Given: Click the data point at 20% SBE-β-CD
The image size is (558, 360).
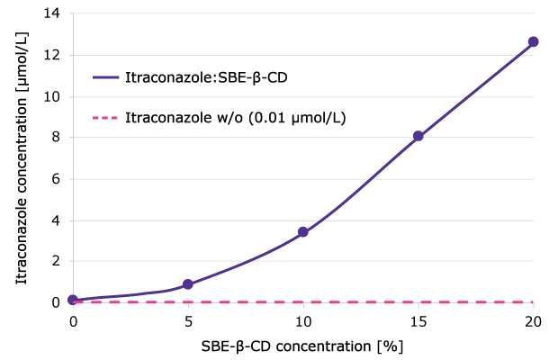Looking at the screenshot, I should (533, 42).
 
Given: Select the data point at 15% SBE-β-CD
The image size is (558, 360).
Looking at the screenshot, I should (418, 136).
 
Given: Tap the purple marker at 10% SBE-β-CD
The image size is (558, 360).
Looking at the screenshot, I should (303, 232).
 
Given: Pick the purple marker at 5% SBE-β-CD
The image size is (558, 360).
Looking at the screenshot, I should (188, 284).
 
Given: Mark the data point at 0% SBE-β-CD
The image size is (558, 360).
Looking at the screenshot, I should (73, 300).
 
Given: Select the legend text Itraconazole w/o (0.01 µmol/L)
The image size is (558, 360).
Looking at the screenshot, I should (236, 118).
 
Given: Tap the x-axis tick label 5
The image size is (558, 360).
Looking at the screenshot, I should (188, 319).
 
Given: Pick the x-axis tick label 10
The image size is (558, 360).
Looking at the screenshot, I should (303, 319).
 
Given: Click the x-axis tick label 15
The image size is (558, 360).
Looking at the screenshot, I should (418, 319).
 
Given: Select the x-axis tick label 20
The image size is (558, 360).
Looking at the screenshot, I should (533, 319).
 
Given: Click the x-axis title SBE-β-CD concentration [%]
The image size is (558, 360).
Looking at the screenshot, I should (302, 344).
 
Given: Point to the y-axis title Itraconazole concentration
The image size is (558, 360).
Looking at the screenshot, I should (21, 158).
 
